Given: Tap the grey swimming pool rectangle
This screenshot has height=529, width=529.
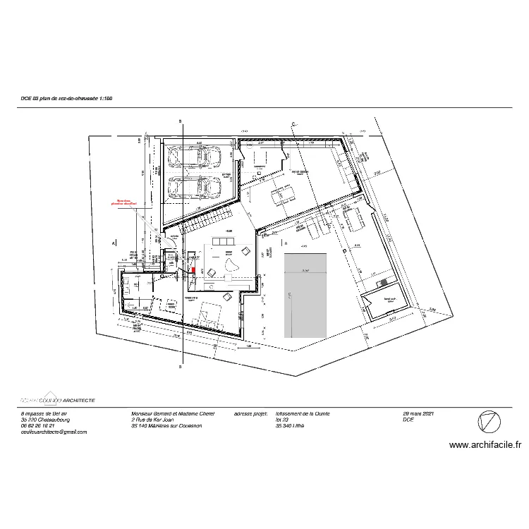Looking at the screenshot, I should pyautogui.click(x=305, y=295).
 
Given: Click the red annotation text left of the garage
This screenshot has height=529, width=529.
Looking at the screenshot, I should pyautogui.click(x=125, y=202).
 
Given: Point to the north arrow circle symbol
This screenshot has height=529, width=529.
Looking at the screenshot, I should pyautogui.click(x=489, y=422).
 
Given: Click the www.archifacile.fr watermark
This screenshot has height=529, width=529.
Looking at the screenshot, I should pyautogui.click(x=485, y=445).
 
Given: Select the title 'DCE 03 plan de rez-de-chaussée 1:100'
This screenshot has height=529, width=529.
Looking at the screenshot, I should pyautogui.click(x=67, y=99).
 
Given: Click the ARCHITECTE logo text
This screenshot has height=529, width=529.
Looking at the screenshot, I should pyautogui.click(x=74, y=399).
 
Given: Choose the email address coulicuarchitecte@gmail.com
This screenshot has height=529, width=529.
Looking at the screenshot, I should pyautogui.click(x=54, y=432).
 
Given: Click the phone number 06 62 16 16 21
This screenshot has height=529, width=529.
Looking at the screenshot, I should pyautogui.click(x=38, y=425).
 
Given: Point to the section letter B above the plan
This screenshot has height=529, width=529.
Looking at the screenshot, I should pyautogui.click(x=181, y=121).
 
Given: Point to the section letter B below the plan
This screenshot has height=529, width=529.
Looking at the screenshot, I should pyautogui.click(x=181, y=367).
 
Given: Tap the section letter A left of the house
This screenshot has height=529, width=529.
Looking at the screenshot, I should pyautogui.click(x=113, y=243).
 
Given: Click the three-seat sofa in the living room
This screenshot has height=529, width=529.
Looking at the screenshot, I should pyautogui.click(x=225, y=243).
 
